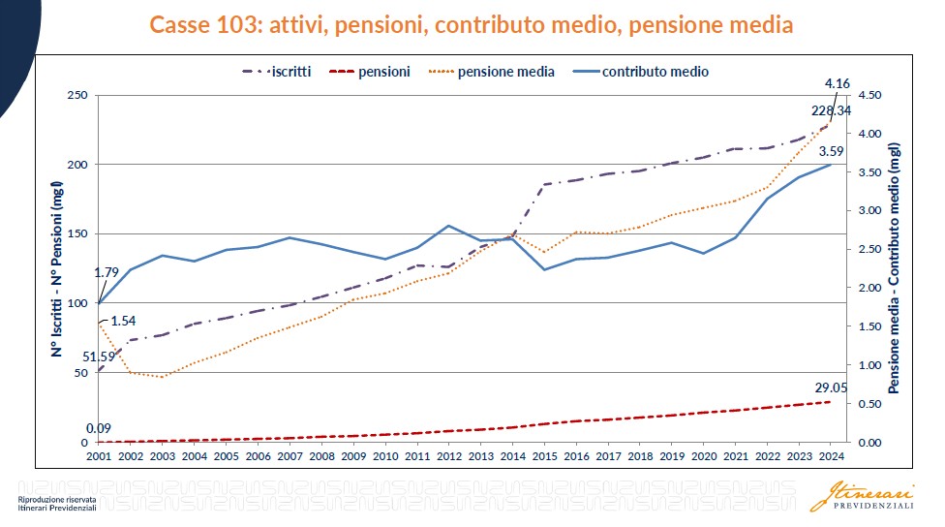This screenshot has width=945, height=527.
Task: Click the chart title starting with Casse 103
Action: click(x=472, y=25)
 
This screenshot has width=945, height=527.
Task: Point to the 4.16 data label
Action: click(x=837, y=85)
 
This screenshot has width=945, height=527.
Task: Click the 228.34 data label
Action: click(x=831, y=110)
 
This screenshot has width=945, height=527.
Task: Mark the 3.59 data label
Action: click(x=831, y=151)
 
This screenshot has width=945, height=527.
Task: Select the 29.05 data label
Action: click(x=830, y=388)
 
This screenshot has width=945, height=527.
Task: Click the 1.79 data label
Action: click(x=106, y=272)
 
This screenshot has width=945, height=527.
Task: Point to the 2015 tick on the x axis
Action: click(x=544, y=455)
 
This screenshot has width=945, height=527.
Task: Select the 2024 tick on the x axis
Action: click(x=831, y=455)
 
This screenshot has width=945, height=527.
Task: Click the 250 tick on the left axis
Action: click(x=77, y=95)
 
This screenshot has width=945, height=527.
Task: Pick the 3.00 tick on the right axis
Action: click(x=869, y=211)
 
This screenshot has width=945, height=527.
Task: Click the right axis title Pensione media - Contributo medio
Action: click(x=895, y=268)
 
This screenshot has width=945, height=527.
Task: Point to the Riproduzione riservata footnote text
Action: click(x=57, y=500)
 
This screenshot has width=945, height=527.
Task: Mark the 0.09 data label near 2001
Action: click(x=98, y=428)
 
